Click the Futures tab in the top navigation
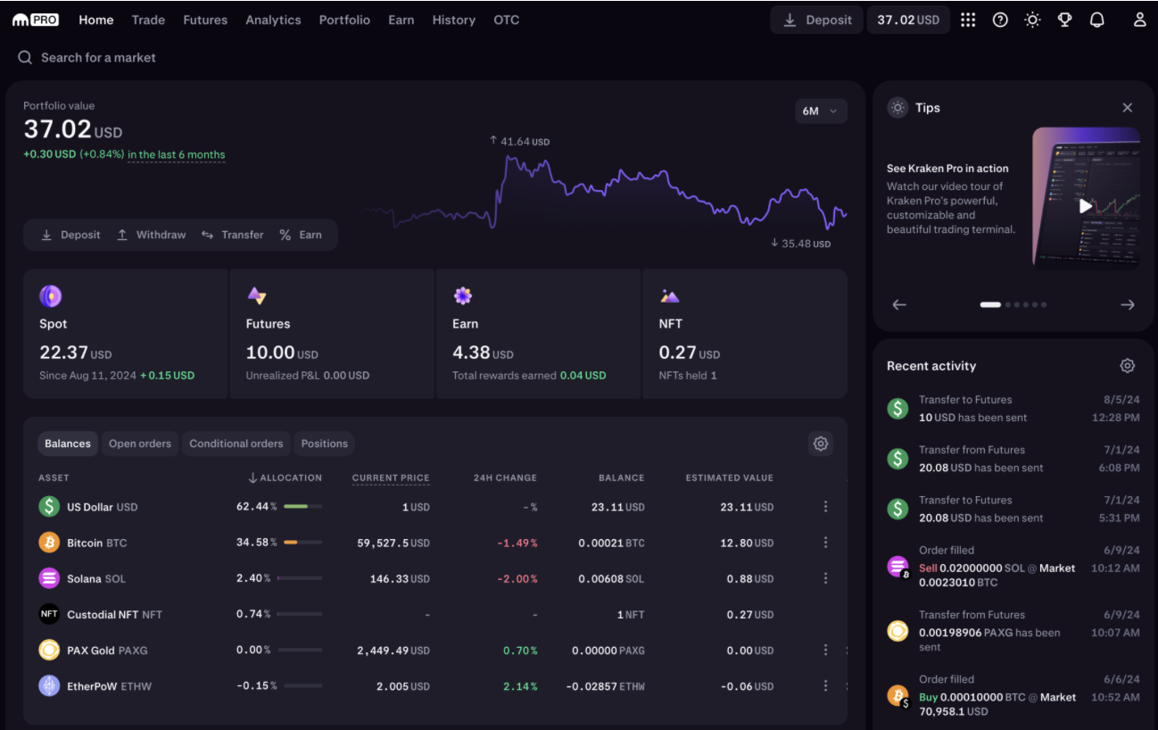coord(205,20)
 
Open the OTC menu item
coord(506,20)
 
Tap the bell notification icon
coord(1097,20)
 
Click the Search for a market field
coord(98,57)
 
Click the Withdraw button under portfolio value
coord(151,235)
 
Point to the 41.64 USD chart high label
coord(519,141)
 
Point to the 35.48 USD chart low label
coord(800,243)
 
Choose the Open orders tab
coord(140,444)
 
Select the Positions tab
coord(324,444)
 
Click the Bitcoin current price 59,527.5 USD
coord(393,543)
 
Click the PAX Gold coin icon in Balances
coord(49,651)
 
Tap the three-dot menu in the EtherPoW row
coord(825,686)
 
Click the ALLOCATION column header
coord(285,478)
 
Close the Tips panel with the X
coord(1128,108)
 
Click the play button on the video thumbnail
coord(1085,206)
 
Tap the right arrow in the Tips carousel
coord(1128,304)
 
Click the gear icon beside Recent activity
coord(1128,366)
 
